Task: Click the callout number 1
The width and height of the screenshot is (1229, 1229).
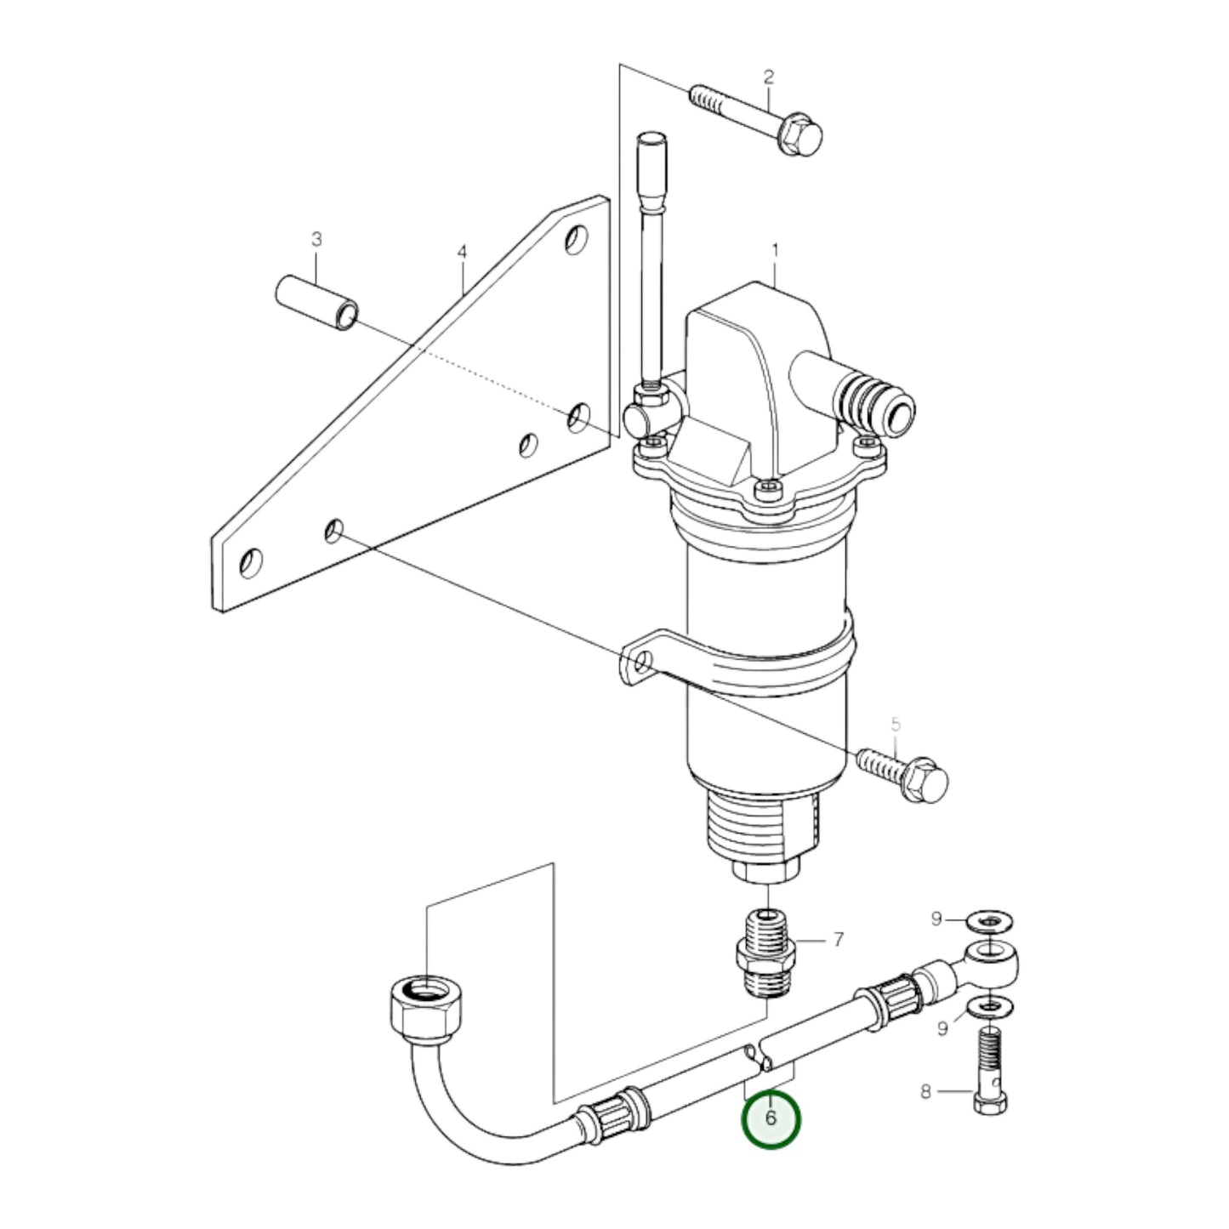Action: click(x=775, y=251)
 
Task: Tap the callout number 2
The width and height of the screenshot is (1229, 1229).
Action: click(x=769, y=77)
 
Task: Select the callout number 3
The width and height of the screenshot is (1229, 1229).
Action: click(x=316, y=241)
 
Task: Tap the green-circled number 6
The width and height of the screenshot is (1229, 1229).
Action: click(x=771, y=1118)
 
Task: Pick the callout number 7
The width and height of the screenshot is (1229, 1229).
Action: click(x=838, y=939)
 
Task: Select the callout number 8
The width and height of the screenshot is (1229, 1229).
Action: click(x=926, y=1092)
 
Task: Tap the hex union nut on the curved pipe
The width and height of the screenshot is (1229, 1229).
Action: click(x=422, y=1008)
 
